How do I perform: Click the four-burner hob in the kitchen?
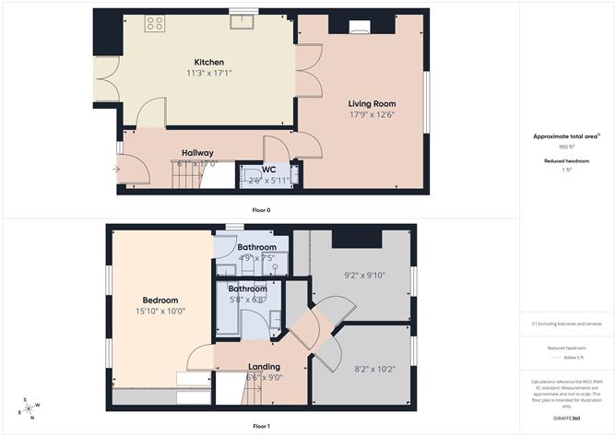[x=155, y=24]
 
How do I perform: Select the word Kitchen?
[x=208, y=62]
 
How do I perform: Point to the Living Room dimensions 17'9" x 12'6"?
[x=372, y=115]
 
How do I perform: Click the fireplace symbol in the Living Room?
[x=360, y=27]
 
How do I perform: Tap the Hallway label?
[x=197, y=153]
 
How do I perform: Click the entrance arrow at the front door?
[x=115, y=169]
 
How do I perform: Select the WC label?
[x=268, y=170]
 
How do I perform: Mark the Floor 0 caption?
[x=262, y=210]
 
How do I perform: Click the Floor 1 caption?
[x=262, y=427]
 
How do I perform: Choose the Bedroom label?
[x=160, y=300]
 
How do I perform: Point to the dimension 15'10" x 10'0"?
[x=160, y=311]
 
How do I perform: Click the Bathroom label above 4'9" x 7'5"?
[x=256, y=247]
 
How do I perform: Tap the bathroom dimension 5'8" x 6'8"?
[x=246, y=300]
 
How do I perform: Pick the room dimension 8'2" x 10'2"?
[x=361, y=369]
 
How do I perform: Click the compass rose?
[x=30, y=407]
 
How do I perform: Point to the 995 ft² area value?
[x=566, y=147]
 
